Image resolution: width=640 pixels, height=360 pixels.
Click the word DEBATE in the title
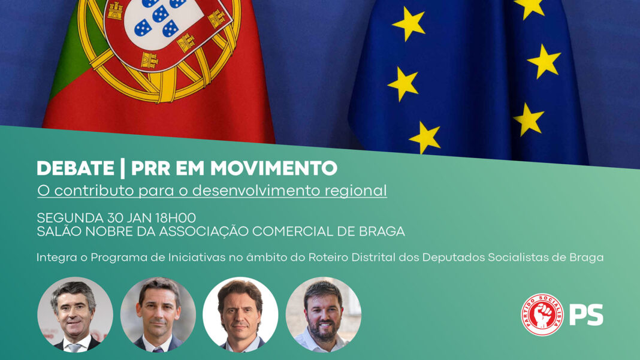pyautogui.click(x=76, y=168)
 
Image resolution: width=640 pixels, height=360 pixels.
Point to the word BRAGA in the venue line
pyautogui.click(x=382, y=231)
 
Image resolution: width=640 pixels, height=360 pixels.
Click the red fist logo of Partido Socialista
pyautogui.click(x=542, y=314)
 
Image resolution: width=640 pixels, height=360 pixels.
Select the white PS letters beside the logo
pyautogui.click(x=586, y=314)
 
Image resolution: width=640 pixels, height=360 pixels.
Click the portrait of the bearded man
pyautogui.click(x=323, y=314)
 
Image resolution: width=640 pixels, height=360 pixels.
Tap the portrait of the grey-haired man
pyautogui.click(x=75, y=314)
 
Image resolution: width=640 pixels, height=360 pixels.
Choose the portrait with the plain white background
pyautogui.click(x=240, y=314)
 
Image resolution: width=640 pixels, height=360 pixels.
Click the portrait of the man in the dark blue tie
pyautogui.click(x=158, y=314)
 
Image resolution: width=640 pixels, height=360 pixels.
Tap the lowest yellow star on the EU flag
pyautogui.click(x=425, y=137)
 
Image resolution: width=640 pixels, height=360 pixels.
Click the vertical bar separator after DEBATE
pyautogui.click(x=122, y=168)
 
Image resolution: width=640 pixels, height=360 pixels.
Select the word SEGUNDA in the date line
pyautogui.click(x=70, y=217)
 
